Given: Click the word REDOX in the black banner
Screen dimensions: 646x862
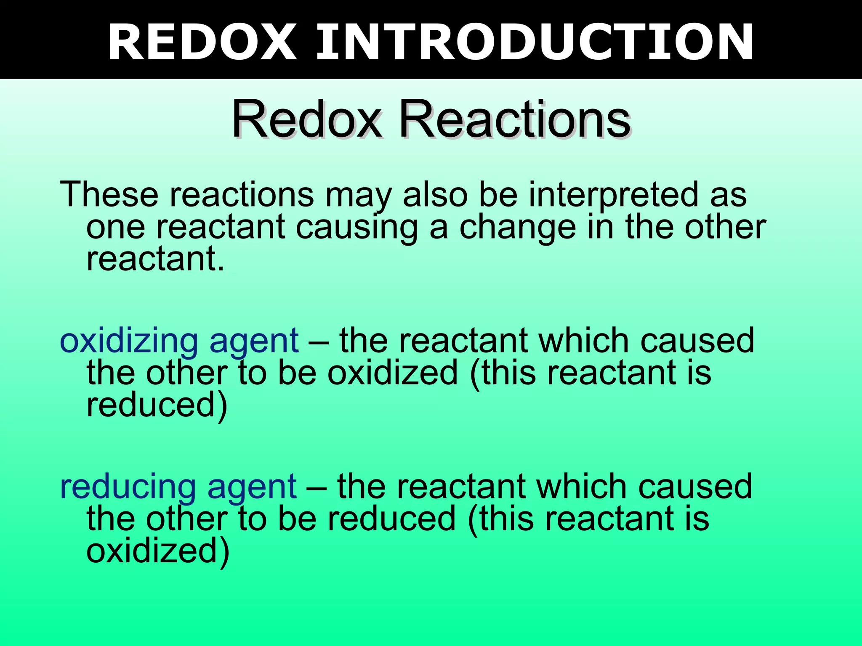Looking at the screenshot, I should tap(202, 42).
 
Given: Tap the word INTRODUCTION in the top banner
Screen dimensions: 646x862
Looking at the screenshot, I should tap(535, 42).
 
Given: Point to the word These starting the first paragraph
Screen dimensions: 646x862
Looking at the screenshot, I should tap(109, 194).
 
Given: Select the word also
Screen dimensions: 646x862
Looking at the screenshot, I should tap(435, 194).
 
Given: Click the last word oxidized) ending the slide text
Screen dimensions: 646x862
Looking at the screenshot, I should tap(158, 551).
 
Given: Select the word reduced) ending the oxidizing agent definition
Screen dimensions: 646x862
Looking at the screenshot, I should tap(157, 405).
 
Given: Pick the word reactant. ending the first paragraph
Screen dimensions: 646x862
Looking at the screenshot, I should tap(155, 259).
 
